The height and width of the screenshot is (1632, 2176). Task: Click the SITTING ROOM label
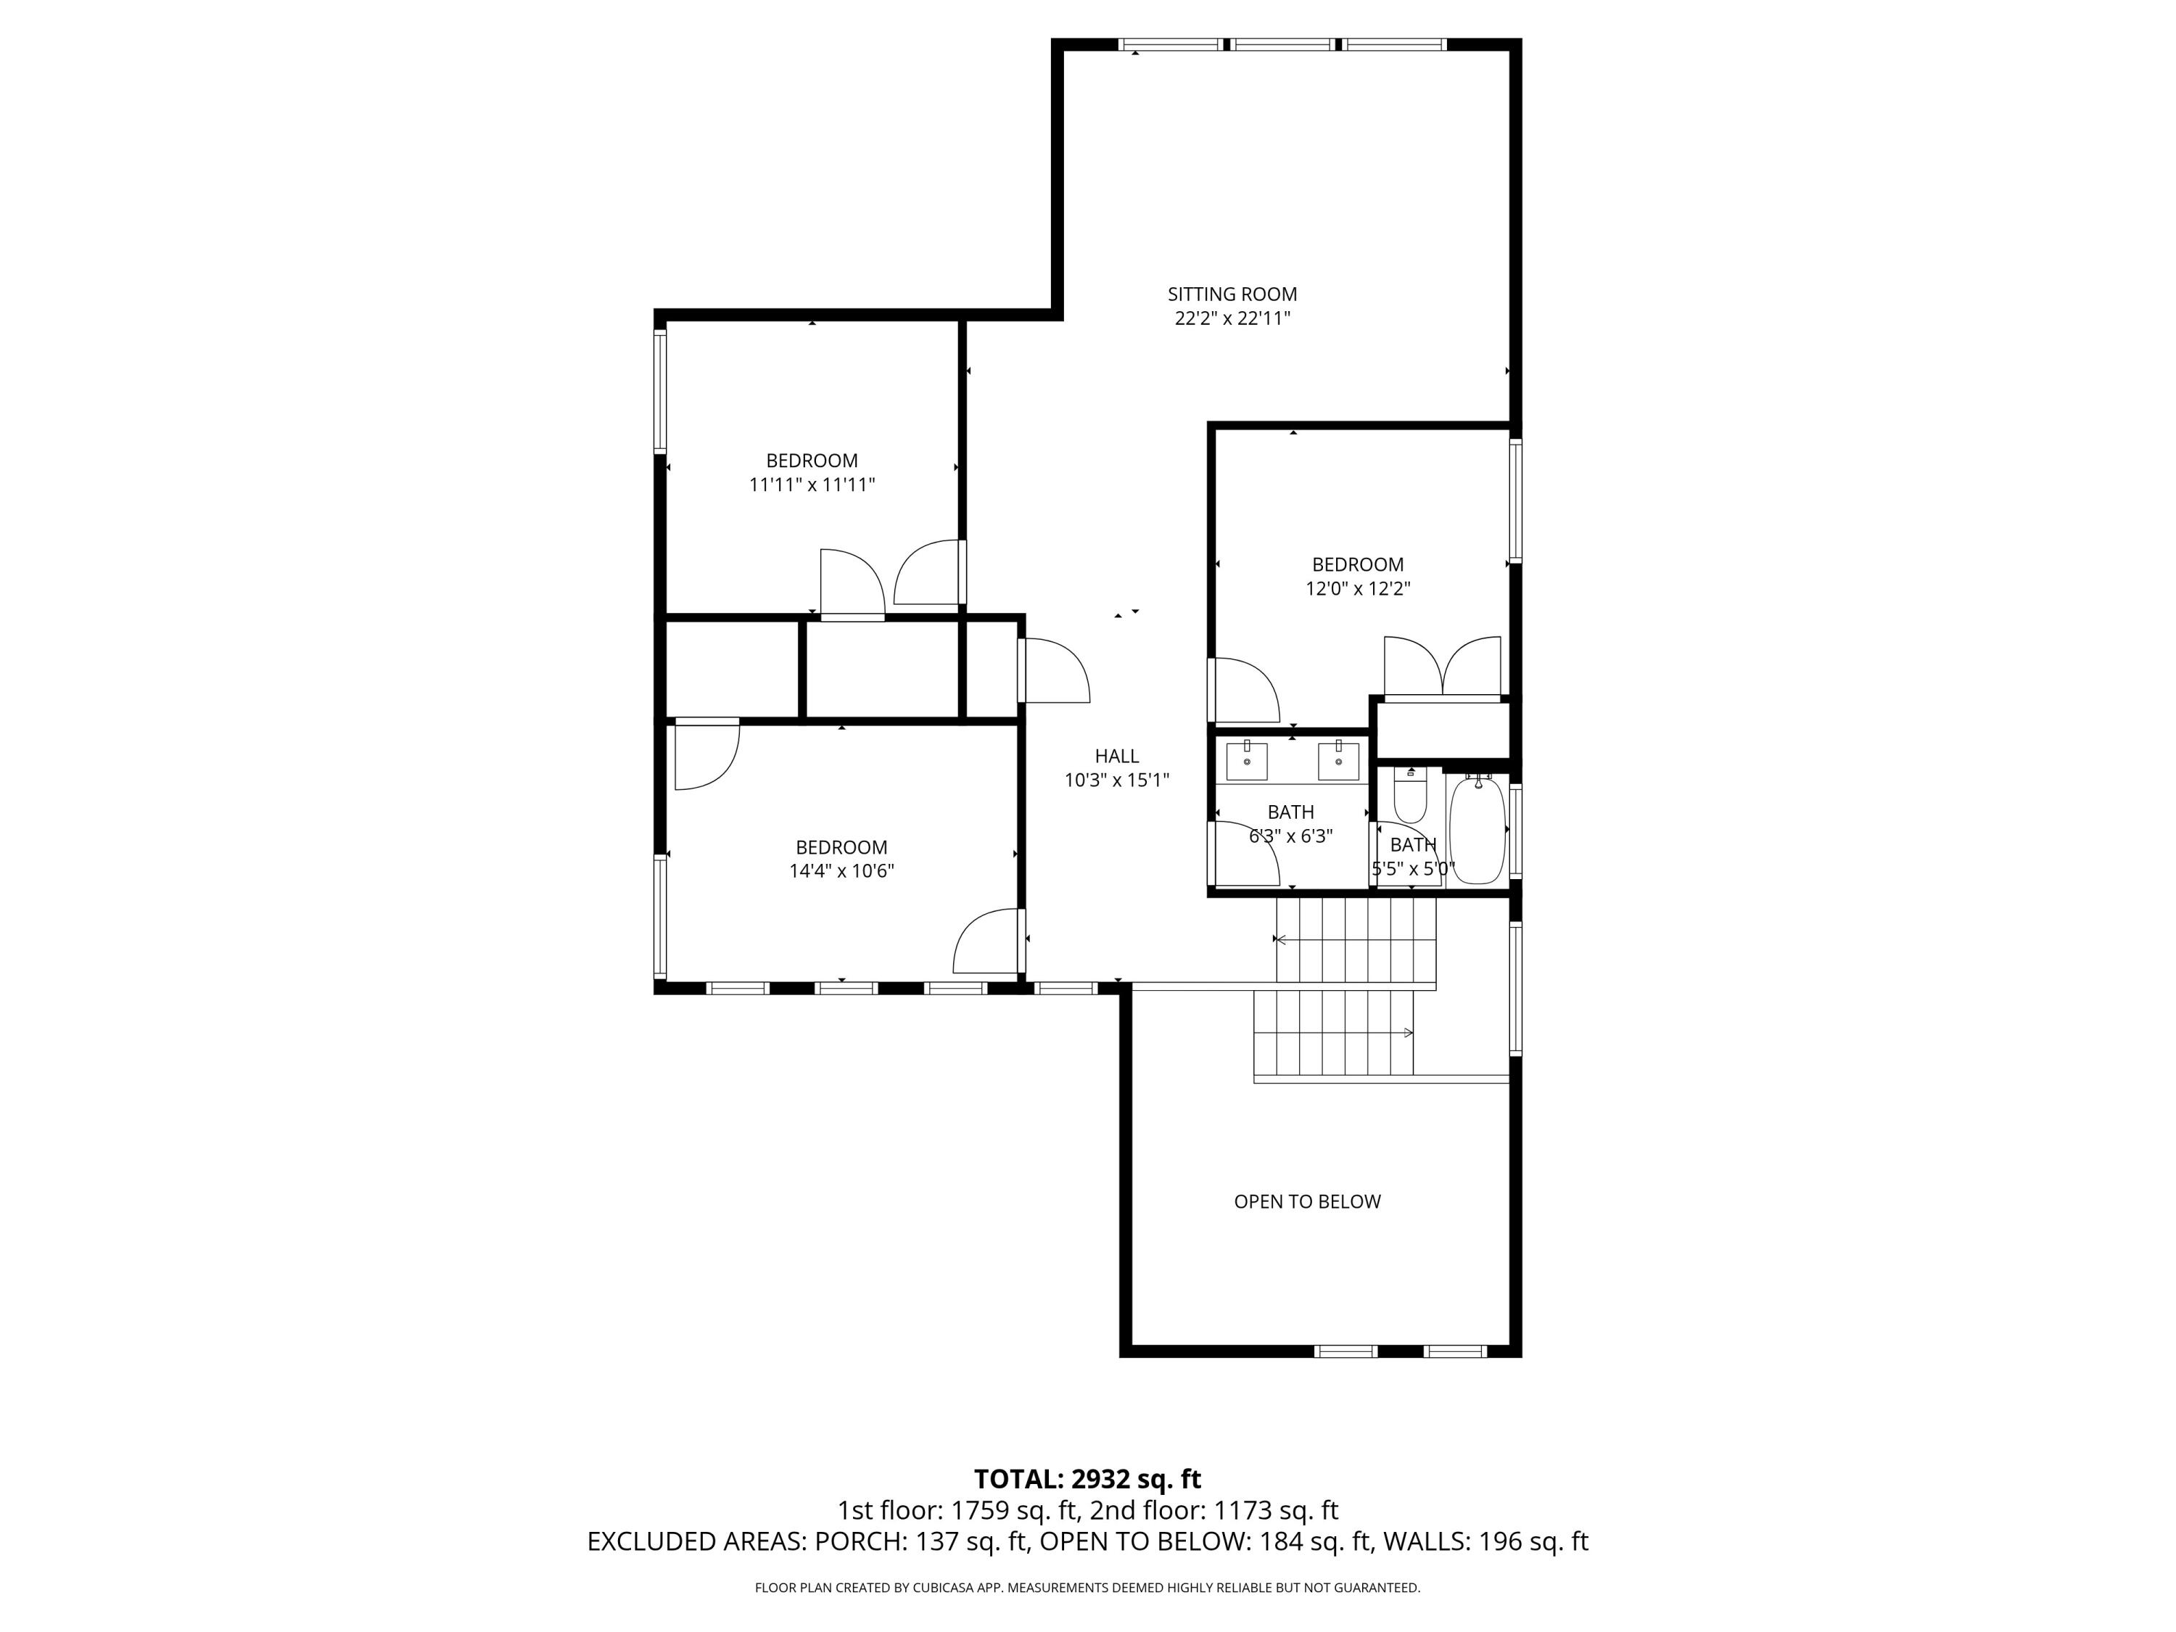click(x=1232, y=293)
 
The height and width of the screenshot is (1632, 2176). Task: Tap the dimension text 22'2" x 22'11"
click(x=1232, y=318)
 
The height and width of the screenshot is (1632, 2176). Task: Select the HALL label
click(x=1116, y=756)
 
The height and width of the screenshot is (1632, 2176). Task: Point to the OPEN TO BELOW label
click(x=1306, y=1201)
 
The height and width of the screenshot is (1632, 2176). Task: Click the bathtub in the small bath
click(x=1477, y=829)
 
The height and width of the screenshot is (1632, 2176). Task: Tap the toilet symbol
click(x=1409, y=797)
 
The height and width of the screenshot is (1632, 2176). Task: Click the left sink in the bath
click(x=1246, y=760)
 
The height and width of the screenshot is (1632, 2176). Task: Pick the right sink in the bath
click(x=1338, y=760)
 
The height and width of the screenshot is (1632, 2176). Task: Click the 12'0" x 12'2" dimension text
click(x=1358, y=588)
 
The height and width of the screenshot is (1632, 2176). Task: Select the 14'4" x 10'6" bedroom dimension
click(x=841, y=870)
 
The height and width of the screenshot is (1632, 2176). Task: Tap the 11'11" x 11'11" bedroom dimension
click(x=812, y=484)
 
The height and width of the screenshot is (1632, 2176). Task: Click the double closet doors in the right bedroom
click(x=1442, y=667)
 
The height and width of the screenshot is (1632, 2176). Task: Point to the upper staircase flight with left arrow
click(x=1356, y=939)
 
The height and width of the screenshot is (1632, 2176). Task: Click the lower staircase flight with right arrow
click(x=1333, y=1033)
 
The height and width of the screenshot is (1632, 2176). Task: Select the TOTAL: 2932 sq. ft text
click(x=1087, y=1478)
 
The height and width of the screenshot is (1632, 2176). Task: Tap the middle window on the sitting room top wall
click(x=1284, y=44)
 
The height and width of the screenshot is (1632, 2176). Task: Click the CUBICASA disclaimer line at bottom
click(x=1087, y=1587)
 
